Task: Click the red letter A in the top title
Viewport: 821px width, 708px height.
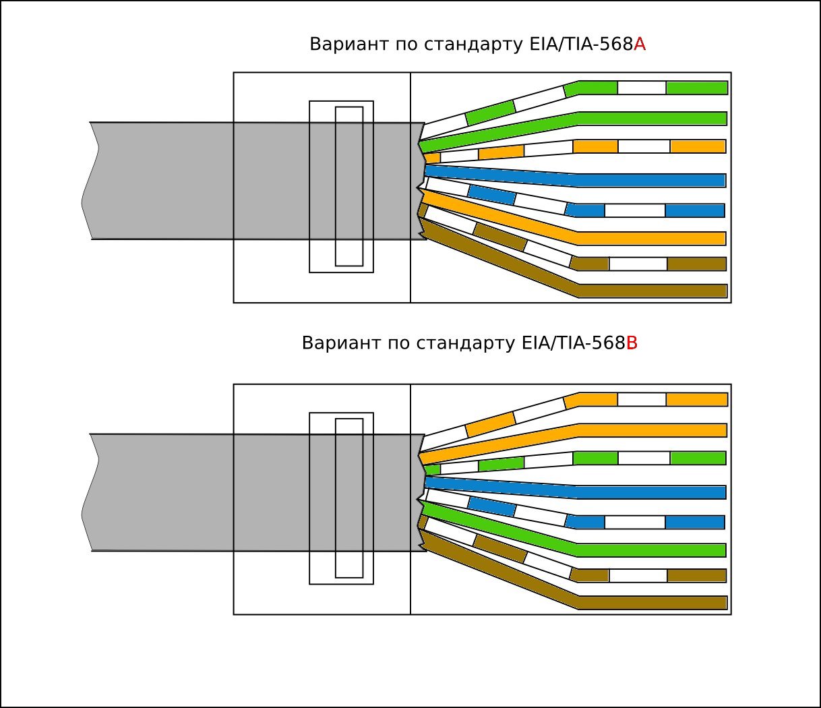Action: tap(640, 45)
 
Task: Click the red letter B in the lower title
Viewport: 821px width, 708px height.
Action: tap(632, 343)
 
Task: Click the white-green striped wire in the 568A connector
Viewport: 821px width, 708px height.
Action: tap(696, 88)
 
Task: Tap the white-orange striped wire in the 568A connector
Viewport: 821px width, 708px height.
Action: tap(697, 146)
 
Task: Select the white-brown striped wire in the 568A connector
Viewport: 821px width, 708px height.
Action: tap(696, 264)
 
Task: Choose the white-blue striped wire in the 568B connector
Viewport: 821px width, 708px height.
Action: tap(694, 522)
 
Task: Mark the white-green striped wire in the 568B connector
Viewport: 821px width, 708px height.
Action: tap(697, 458)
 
